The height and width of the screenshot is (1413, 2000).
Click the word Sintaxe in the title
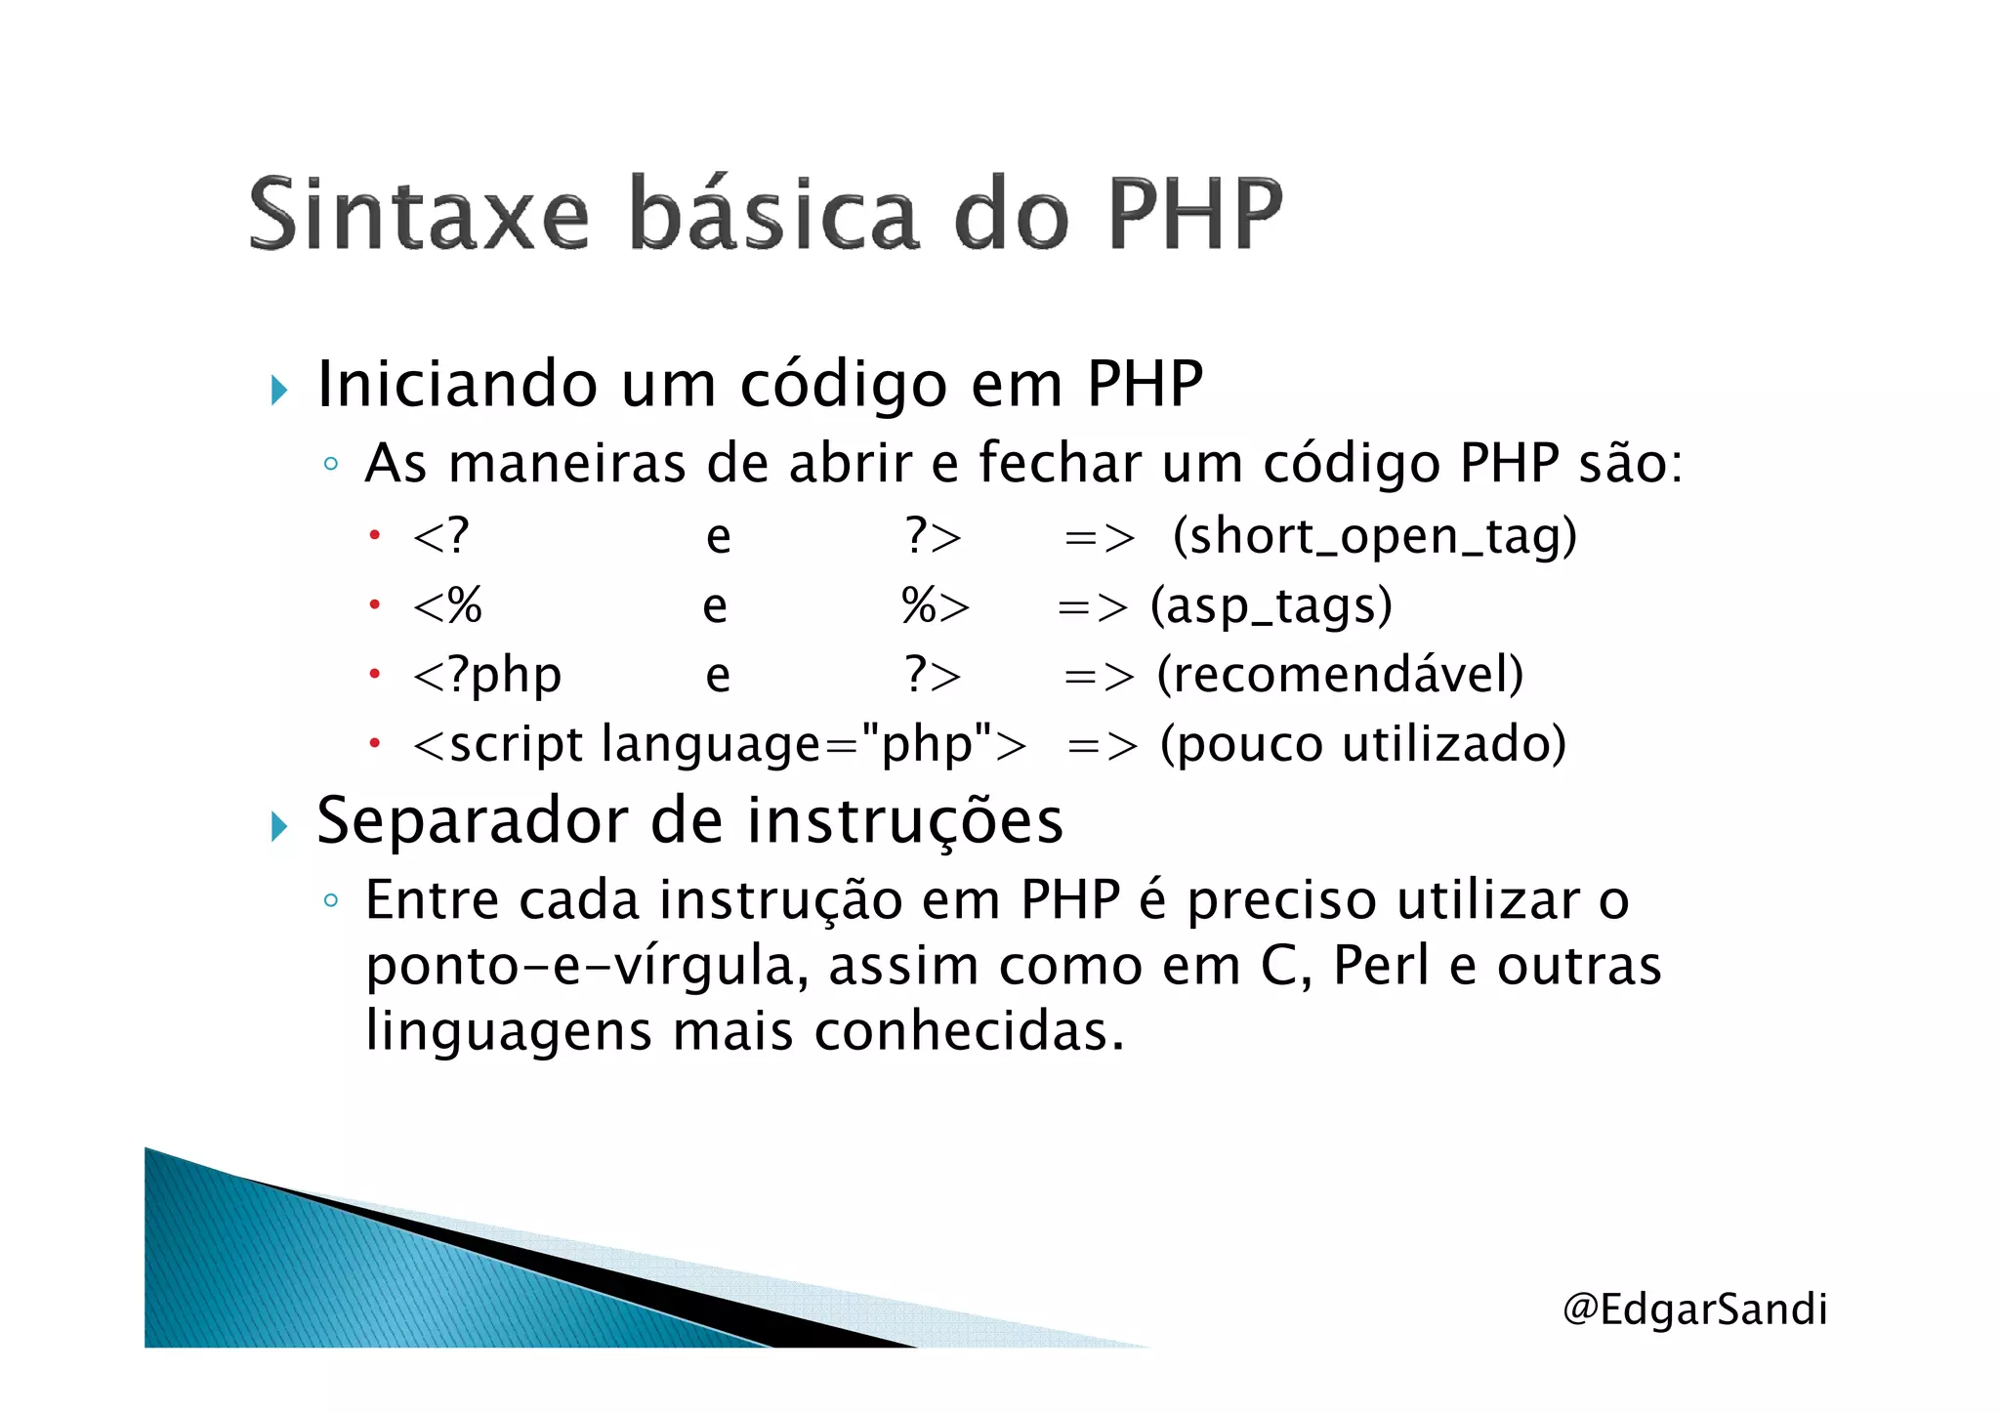pos(420,215)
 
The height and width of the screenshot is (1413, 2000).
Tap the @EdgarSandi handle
pos(1694,1309)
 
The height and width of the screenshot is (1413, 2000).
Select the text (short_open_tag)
pos(1374,536)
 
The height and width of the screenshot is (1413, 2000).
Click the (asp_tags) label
pos(1271,605)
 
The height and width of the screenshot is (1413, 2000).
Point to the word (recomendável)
pos(1340,675)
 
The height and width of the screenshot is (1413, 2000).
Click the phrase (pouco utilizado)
pos(1363,744)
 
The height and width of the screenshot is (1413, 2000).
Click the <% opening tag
pos(447,605)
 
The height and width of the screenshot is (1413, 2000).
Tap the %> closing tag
pos(935,605)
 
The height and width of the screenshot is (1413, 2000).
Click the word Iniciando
pos(457,383)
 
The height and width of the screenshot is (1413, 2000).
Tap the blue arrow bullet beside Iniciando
pos(280,391)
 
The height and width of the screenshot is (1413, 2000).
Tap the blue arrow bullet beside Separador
pos(280,827)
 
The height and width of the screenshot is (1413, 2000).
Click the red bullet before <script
pos(374,744)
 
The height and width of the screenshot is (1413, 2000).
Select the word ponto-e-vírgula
pos(586,967)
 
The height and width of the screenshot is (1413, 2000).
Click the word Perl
pos(1381,965)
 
